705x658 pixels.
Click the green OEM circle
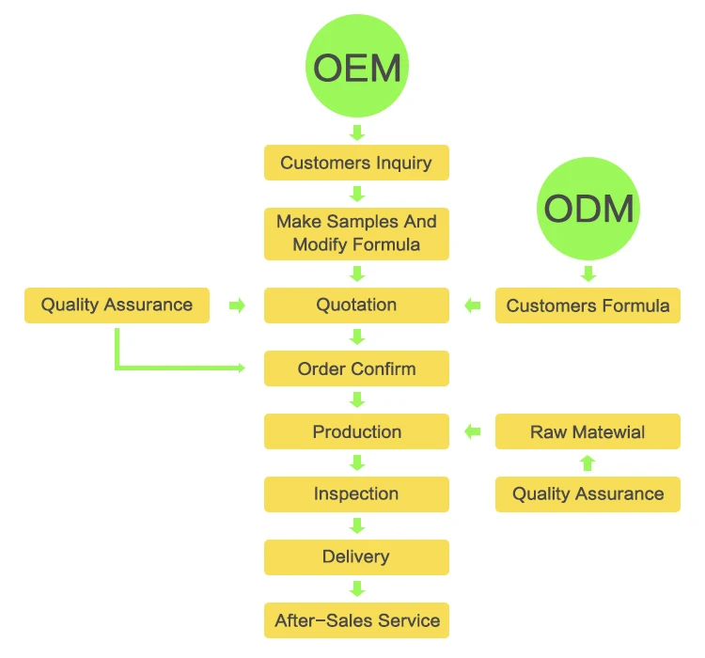coord(356,66)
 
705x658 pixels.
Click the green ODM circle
coord(588,209)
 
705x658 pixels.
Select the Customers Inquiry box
coord(356,163)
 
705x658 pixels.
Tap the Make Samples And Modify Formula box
coord(356,233)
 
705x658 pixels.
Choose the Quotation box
coord(356,305)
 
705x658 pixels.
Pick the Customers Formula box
coord(587,305)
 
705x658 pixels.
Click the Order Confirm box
coord(356,368)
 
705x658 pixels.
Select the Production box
coord(356,431)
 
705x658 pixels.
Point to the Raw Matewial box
coord(587,431)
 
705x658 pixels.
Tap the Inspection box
coord(356,493)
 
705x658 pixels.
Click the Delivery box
coord(356,556)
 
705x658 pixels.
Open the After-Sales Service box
coord(356,620)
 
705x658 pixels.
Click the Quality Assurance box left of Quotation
coord(117,305)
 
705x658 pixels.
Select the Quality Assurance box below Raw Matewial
coord(587,493)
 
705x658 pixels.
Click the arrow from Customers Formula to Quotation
coord(473,305)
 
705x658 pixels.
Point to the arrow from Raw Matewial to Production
coord(473,431)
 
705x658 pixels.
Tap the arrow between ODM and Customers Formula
coord(588,274)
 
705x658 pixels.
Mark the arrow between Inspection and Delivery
coord(356,525)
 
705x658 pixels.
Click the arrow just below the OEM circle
coord(356,131)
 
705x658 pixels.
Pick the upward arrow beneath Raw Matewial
coord(587,462)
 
